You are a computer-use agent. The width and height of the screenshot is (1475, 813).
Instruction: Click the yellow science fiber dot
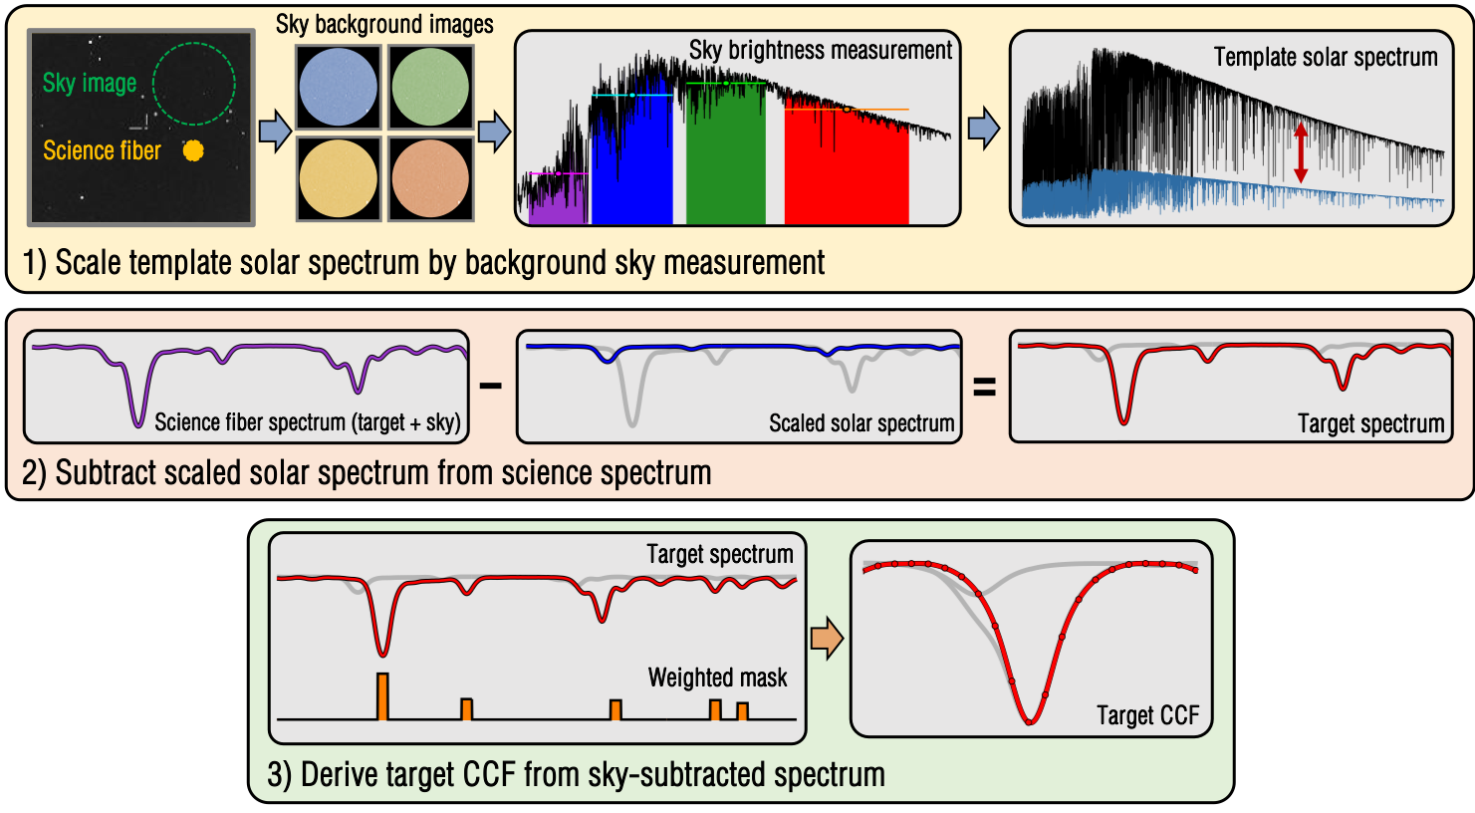(x=193, y=149)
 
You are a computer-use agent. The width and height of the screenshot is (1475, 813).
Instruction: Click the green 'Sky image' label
(x=90, y=84)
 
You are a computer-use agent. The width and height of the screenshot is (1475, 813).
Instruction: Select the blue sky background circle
(x=339, y=88)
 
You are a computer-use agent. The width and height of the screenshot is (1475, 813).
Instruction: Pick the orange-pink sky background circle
(x=430, y=178)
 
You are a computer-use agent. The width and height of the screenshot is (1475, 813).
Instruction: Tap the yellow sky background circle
(x=339, y=178)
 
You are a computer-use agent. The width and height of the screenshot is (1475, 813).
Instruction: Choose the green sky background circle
(x=430, y=88)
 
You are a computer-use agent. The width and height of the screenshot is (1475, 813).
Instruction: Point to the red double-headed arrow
(x=1300, y=152)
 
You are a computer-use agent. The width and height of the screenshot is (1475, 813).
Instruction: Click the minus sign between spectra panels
(x=491, y=385)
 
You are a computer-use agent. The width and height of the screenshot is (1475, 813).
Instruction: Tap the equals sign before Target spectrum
(x=984, y=388)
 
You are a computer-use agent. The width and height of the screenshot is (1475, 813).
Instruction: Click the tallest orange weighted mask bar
(x=382, y=696)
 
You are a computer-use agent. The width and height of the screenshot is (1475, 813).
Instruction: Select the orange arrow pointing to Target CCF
(x=827, y=639)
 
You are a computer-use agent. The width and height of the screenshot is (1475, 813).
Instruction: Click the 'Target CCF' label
(x=1147, y=715)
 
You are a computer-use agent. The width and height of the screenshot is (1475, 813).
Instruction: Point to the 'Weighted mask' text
(x=717, y=678)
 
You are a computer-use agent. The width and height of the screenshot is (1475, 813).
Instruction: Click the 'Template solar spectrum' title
(x=1325, y=58)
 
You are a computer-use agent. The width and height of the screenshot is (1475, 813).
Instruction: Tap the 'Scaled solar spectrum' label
(x=861, y=423)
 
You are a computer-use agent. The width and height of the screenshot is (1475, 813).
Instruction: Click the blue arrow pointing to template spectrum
(x=984, y=130)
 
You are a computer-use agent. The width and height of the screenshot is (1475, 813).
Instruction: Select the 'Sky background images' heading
(x=384, y=24)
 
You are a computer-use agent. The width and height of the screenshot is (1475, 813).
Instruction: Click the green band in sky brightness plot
(x=726, y=159)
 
